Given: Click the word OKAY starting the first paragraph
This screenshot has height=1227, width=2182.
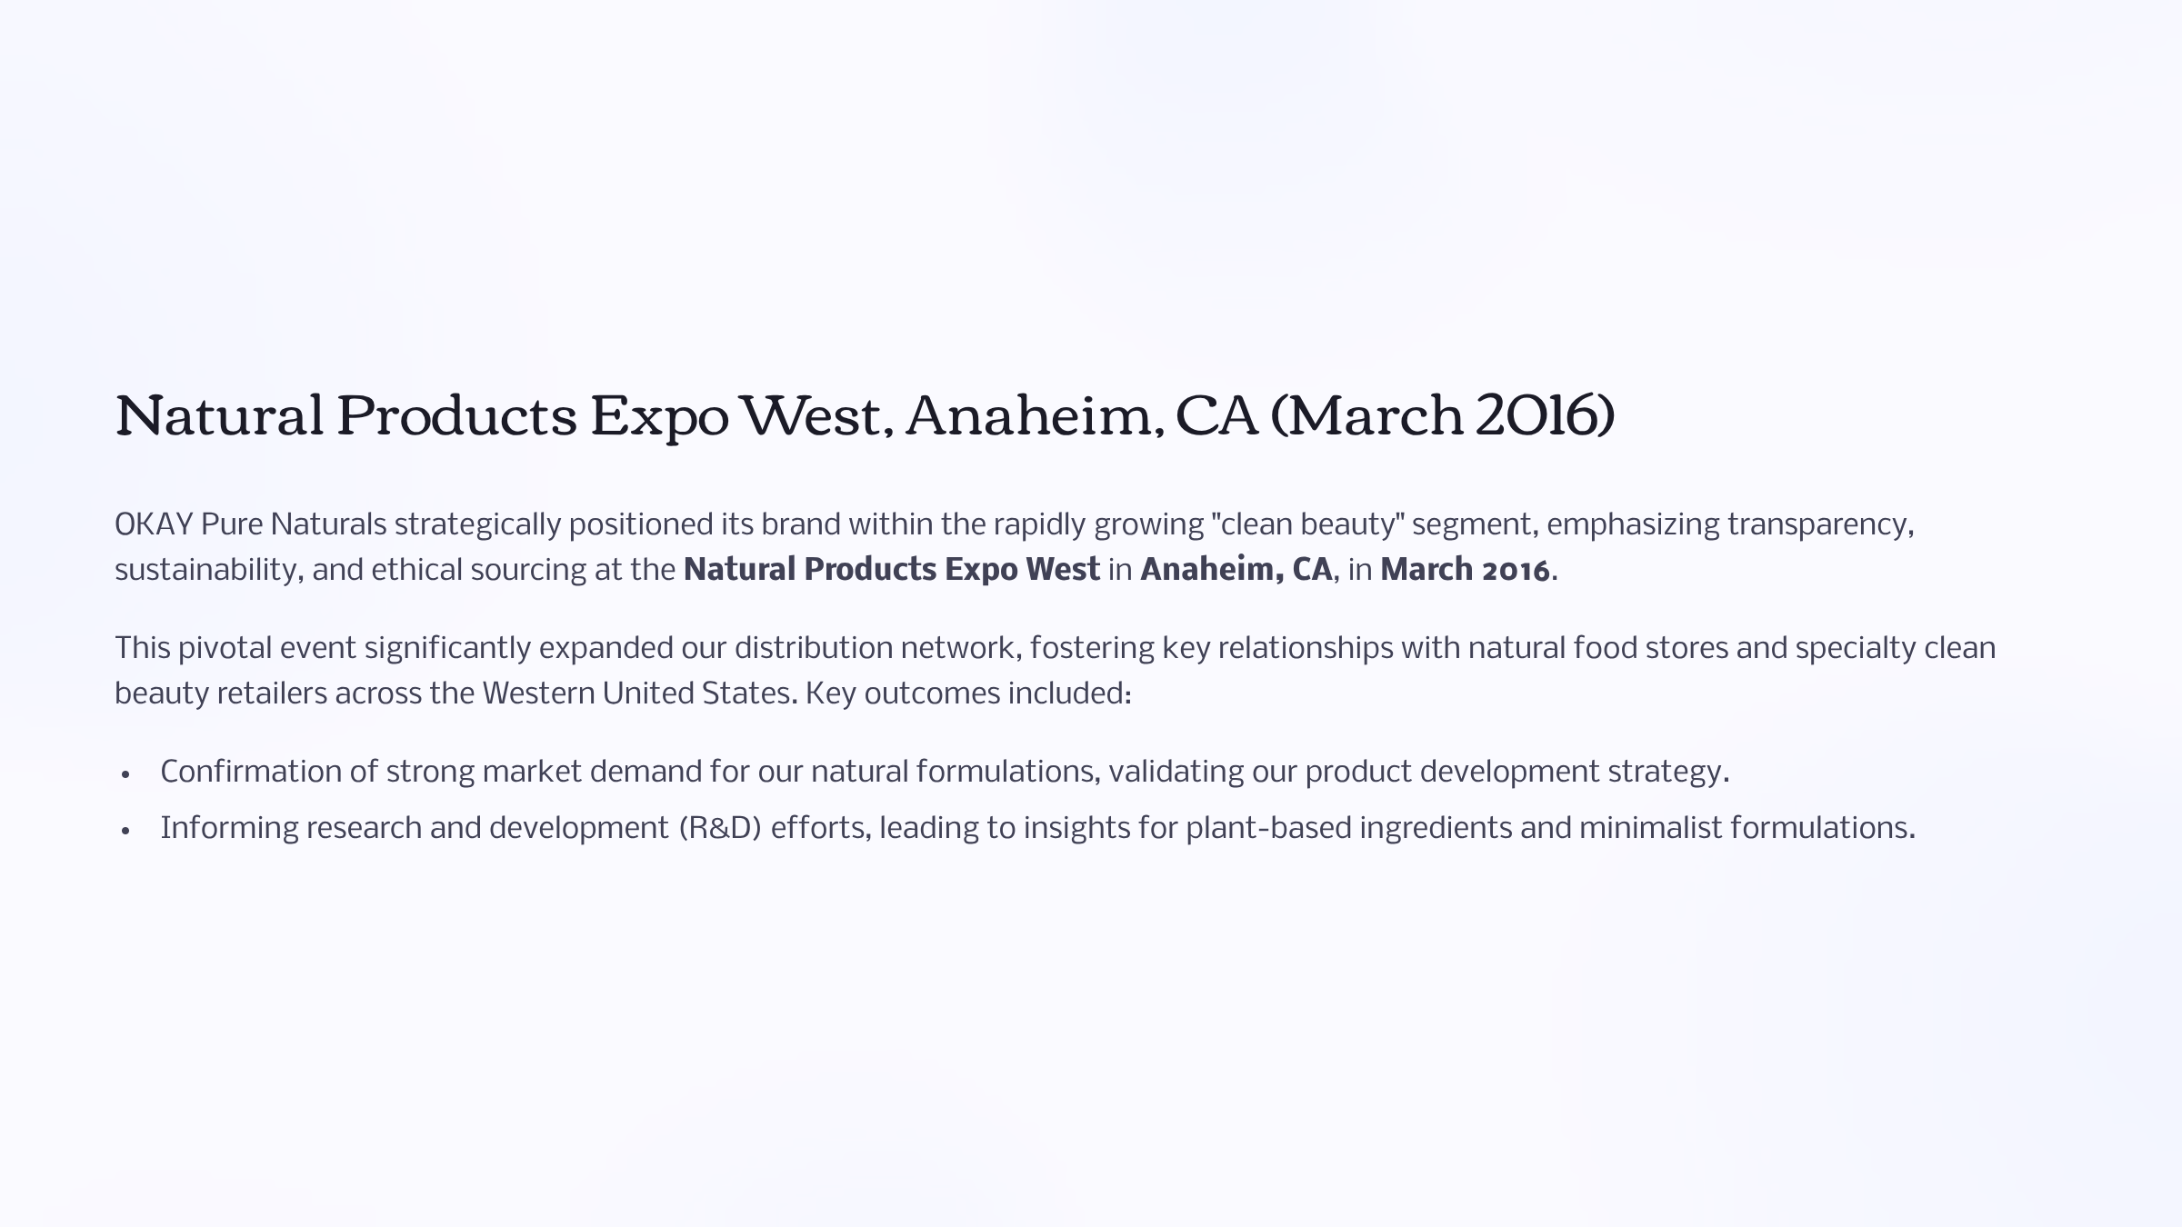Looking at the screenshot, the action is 154,524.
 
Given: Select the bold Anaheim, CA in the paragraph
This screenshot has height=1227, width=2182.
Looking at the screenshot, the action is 1236,570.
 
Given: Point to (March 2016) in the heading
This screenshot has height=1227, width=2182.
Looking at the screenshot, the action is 1443,415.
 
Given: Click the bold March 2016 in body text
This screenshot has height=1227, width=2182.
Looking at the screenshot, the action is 1465,570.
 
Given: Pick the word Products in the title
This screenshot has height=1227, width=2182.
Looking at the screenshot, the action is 457,415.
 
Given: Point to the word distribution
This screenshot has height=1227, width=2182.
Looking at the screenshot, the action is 814,648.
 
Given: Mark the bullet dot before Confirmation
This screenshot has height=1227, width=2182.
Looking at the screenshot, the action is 126,774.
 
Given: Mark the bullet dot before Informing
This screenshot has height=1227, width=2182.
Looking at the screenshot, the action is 126,831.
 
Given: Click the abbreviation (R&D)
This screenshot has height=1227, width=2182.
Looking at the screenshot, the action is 720,828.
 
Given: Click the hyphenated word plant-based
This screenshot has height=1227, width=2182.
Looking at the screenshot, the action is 1268,829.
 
